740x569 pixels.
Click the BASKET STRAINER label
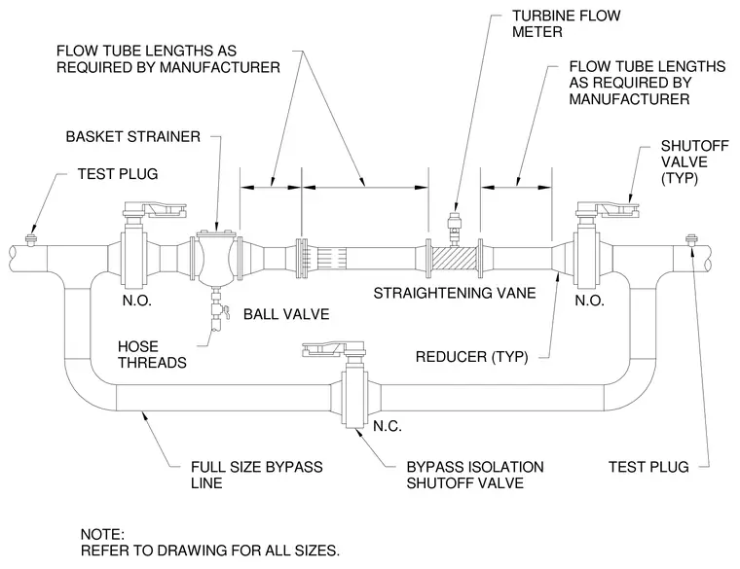point(133,137)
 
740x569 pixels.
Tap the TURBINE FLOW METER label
point(567,24)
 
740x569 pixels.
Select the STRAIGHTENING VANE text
point(455,293)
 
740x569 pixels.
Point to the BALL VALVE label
point(286,314)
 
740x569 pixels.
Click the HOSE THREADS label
point(152,354)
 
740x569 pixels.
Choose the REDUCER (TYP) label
point(471,357)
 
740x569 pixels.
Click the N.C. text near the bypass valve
point(388,426)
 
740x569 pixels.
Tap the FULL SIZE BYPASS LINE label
point(257,476)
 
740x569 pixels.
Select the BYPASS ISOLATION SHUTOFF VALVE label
point(475,476)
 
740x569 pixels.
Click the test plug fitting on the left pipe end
point(31,239)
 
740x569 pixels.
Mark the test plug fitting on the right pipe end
point(692,239)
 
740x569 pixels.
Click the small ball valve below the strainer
point(218,311)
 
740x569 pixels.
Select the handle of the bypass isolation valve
point(333,349)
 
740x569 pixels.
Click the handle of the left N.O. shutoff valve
point(155,209)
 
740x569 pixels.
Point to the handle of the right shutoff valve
point(608,209)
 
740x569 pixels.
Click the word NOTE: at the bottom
point(102,535)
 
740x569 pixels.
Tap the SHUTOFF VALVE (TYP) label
point(694,161)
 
